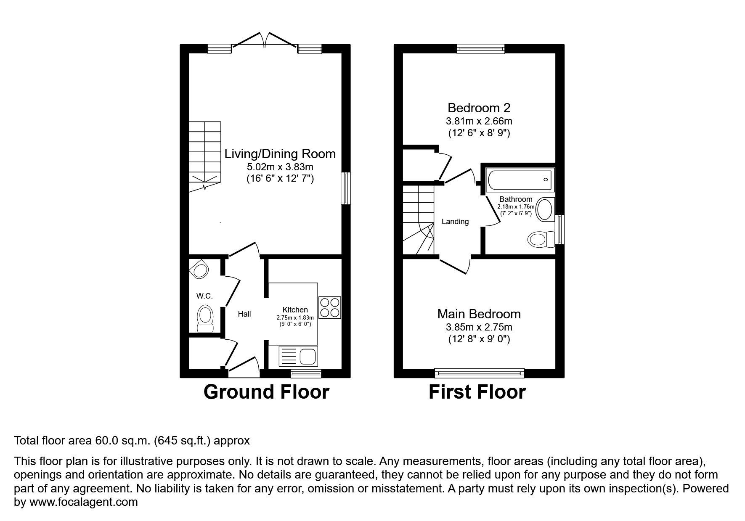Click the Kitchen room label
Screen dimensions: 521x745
(x=295, y=310)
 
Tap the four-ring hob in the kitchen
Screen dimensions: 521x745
(x=329, y=307)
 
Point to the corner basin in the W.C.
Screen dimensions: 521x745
(x=199, y=269)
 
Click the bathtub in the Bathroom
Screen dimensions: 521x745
(x=520, y=180)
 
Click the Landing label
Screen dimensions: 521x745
(x=455, y=222)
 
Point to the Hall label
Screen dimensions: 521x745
(x=244, y=314)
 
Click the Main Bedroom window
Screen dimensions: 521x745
(x=479, y=373)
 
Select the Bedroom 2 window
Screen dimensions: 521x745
(x=480, y=49)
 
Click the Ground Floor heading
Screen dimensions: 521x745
(x=266, y=392)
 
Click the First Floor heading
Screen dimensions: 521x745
(x=477, y=392)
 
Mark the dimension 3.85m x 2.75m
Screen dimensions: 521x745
(x=479, y=327)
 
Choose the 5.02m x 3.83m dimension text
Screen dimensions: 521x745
(x=280, y=167)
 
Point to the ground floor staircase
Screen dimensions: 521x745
(x=205, y=156)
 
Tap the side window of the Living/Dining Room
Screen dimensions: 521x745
(x=345, y=188)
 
